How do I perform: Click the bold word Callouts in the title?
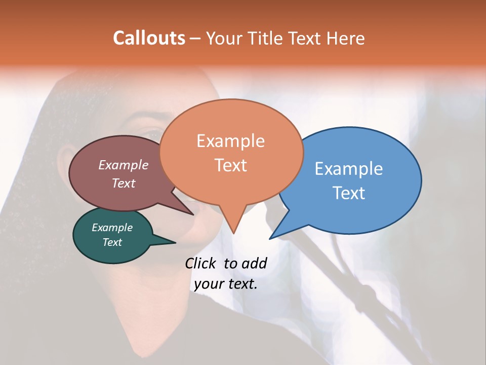pyautogui.click(x=149, y=38)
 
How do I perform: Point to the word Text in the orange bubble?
pyautogui.click(x=230, y=165)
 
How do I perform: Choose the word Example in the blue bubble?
pyautogui.click(x=349, y=168)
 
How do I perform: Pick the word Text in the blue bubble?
pyautogui.click(x=349, y=193)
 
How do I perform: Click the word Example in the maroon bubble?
pyautogui.click(x=123, y=165)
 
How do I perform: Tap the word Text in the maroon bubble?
pyautogui.click(x=123, y=183)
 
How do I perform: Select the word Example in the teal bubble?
pyautogui.click(x=112, y=228)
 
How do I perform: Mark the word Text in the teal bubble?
pyautogui.click(x=112, y=242)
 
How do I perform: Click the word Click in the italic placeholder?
pyautogui.click(x=201, y=263)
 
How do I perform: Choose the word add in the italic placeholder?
pyautogui.click(x=254, y=263)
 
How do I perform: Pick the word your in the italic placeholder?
pyautogui.click(x=208, y=284)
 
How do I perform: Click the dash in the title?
pyautogui.click(x=195, y=39)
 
